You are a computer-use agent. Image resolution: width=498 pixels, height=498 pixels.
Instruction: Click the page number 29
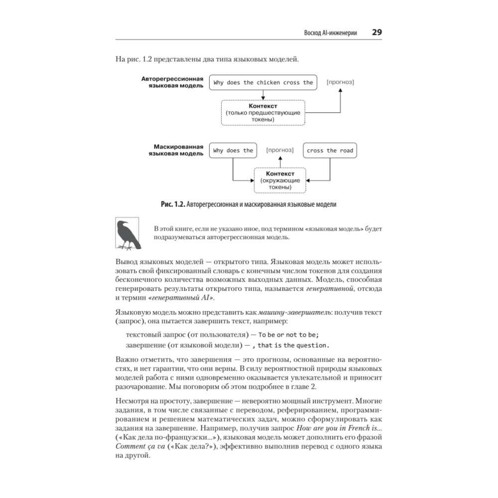[x=376, y=32]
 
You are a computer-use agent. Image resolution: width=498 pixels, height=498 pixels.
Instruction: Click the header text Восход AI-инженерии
[x=330, y=33]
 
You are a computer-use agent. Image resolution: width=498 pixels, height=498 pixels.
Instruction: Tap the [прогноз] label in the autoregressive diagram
[x=340, y=82]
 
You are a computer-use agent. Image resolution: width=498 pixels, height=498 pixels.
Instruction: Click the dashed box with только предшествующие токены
[x=262, y=113]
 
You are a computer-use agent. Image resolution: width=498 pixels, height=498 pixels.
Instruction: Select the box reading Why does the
[x=233, y=150]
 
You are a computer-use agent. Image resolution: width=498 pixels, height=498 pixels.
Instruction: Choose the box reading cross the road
[x=330, y=150]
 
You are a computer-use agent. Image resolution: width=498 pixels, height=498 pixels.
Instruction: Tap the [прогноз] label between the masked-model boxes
[x=280, y=150]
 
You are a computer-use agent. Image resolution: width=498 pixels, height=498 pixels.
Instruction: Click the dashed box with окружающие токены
[x=280, y=180]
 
